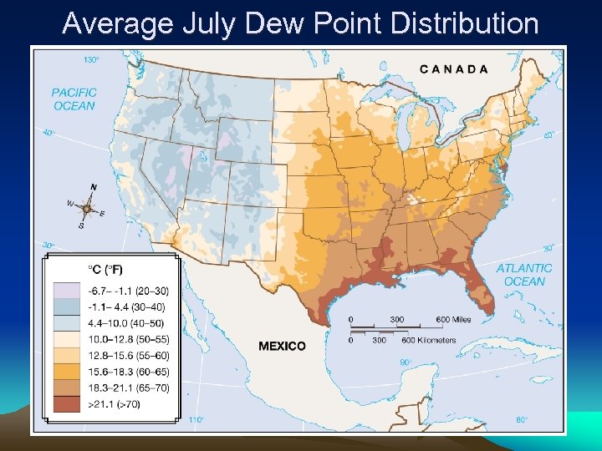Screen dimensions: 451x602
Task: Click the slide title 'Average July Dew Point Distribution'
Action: point(300,23)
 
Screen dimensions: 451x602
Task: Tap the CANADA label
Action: point(453,69)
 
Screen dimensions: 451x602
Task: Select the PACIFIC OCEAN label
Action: point(74,99)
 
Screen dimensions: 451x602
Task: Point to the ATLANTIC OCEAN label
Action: point(524,275)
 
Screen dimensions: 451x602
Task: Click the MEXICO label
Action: point(282,346)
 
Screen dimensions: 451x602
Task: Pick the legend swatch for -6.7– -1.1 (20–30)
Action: point(65,290)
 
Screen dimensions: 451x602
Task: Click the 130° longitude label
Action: point(91,59)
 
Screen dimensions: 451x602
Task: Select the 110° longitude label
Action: point(196,419)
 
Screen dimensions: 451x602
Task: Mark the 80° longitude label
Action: point(521,419)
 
